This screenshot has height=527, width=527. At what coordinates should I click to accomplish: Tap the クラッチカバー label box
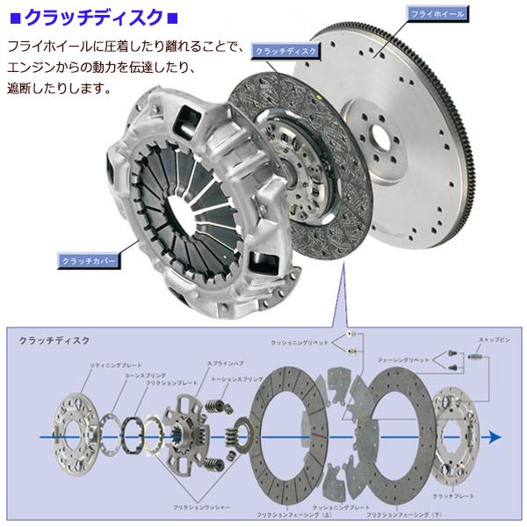86,261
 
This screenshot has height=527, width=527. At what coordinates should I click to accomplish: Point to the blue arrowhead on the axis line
496,437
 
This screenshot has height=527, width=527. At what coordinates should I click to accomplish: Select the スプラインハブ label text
199,362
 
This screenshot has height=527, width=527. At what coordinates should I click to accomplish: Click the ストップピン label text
491,339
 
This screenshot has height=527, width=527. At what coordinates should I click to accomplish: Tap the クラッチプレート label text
458,496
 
